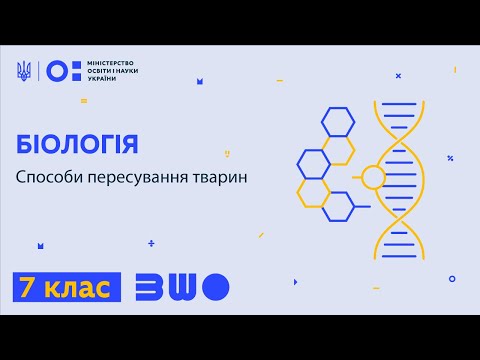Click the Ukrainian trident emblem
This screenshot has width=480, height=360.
pyautogui.click(x=24, y=70)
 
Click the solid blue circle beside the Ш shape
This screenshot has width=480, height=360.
pyautogui.click(x=215, y=288)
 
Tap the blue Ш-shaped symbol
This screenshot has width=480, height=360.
pyautogui.click(x=182, y=288)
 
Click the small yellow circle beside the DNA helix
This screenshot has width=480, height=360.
pyautogui.click(x=373, y=178)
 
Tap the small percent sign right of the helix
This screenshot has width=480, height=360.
pyautogui.click(x=451, y=158)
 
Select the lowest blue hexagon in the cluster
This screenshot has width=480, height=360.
pyautogui.click(x=337, y=207)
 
